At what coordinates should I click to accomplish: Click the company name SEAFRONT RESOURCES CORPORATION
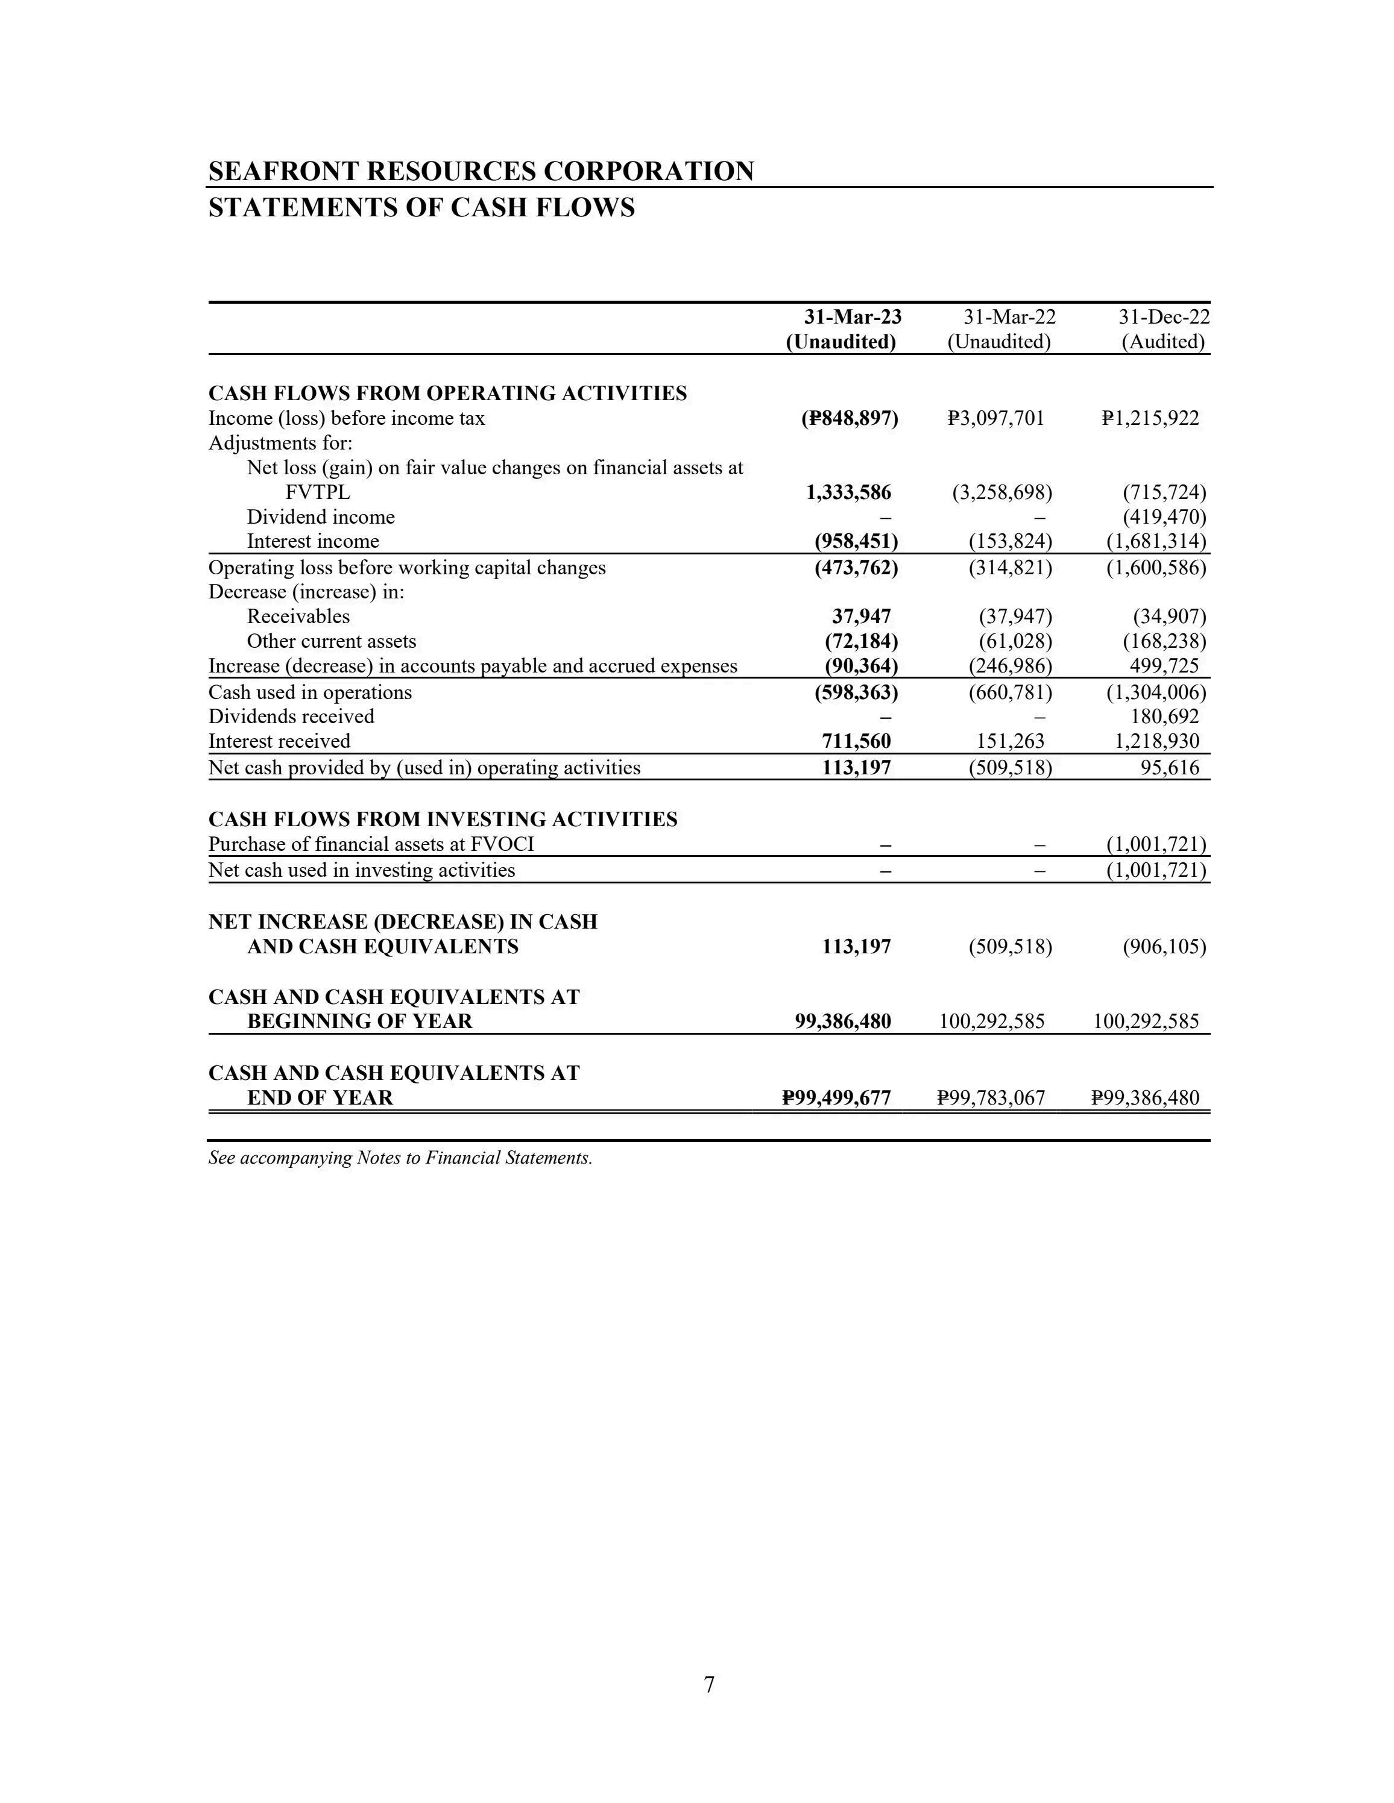pyautogui.click(x=481, y=171)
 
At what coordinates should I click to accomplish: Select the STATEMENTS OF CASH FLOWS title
pyautogui.click(x=421, y=207)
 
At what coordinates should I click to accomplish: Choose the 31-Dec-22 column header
pyautogui.click(x=1164, y=317)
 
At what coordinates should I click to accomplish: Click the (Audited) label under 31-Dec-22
pyautogui.click(x=1162, y=342)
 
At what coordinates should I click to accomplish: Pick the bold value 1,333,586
pyautogui.click(x=848, y=493)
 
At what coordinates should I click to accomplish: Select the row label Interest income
pyautogui.click(x=313, y=542)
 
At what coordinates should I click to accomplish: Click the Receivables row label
pyautogui.click(x=298, y=616)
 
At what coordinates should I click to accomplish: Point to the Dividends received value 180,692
pyautogui.click(x=1164, y=716)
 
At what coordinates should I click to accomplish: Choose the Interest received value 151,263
pyautogui.click(x=1010, y=741)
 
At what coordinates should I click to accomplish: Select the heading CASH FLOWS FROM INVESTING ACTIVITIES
pyautogui.click(x=443, y=819)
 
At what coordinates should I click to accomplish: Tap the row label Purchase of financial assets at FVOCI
pyautogui.click(x=371, y=844)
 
